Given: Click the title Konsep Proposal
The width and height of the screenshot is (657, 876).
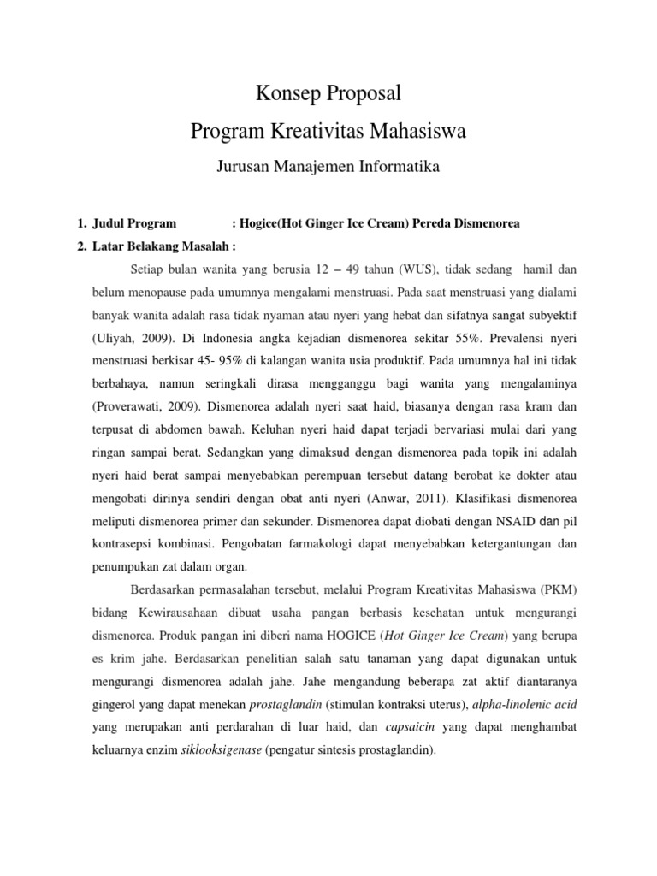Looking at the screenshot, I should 328,92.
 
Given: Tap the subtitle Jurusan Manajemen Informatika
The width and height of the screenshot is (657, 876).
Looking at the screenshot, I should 328,167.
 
